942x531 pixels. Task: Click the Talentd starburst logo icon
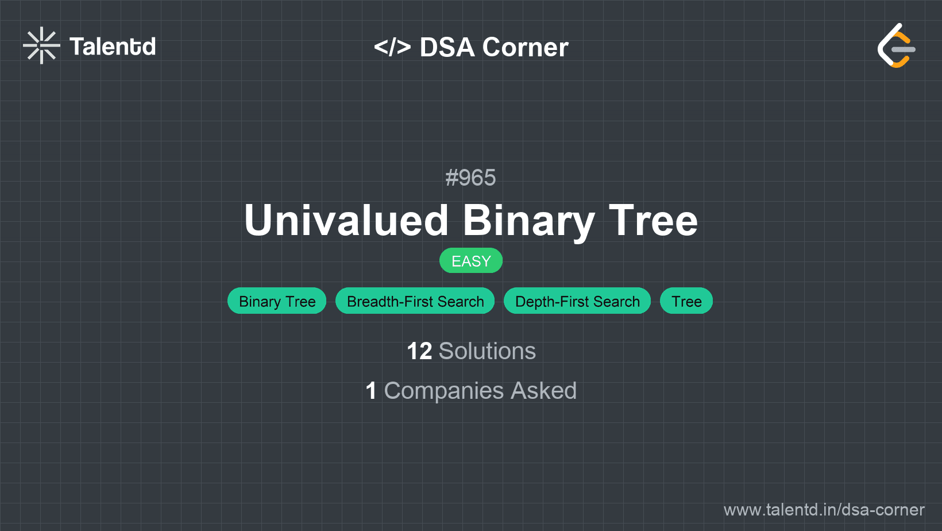(41, 45)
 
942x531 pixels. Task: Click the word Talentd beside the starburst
(113, 47)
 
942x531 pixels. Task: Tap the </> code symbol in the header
(392, 47)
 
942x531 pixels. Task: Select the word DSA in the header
(447, 47)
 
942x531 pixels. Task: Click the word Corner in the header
(525, 47)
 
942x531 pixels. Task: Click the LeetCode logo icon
(896, 45)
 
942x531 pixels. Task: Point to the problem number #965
(470, 178)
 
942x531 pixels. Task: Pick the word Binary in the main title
(528, 222)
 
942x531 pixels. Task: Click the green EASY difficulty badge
(471, 260)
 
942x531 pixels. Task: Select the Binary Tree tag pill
(277, 301)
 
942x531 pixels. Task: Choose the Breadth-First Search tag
(415, 301)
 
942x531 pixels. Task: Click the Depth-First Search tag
(577, 301)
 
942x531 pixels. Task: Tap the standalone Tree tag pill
(686, 301)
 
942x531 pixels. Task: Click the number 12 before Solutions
(419, 351)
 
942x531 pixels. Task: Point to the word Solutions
(488, 351)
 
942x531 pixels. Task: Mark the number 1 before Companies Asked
(371, 390)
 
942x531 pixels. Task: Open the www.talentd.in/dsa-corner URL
(824, 510)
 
